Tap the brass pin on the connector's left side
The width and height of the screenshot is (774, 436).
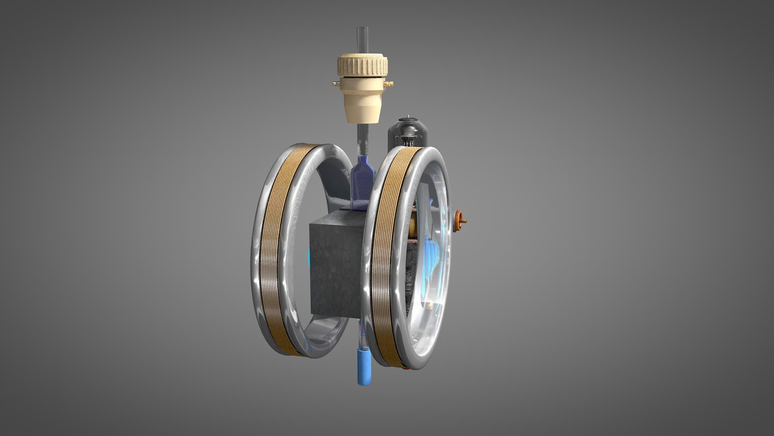pos(335,84)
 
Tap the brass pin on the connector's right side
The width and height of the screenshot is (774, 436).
pos(389,84)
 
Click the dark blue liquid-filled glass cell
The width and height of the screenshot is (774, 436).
pos(362,182)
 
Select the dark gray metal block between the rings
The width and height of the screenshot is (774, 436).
pos(335,266)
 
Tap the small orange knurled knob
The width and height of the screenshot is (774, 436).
pos(459,220)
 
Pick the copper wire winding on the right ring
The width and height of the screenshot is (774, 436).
pos(387,258)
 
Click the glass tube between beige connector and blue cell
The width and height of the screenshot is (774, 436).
pos(362,139)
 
